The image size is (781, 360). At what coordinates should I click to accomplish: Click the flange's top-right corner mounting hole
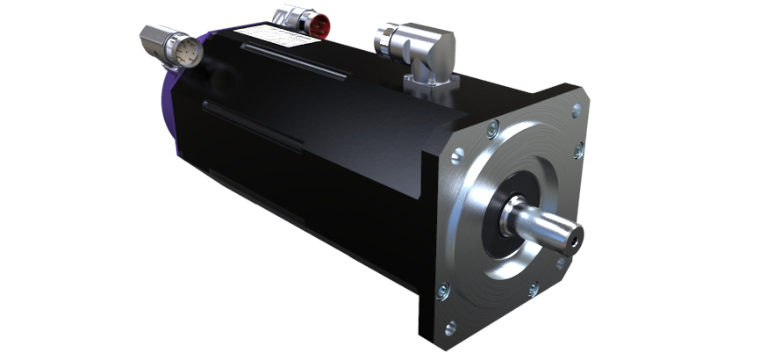pos(576,110)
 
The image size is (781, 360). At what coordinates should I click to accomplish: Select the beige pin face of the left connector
pos(190,54)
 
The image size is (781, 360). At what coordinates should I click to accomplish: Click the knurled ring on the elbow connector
pos(390,39)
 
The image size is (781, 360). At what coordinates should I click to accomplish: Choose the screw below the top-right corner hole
pos(578,151)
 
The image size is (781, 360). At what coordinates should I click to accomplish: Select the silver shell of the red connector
pos(289,18)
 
